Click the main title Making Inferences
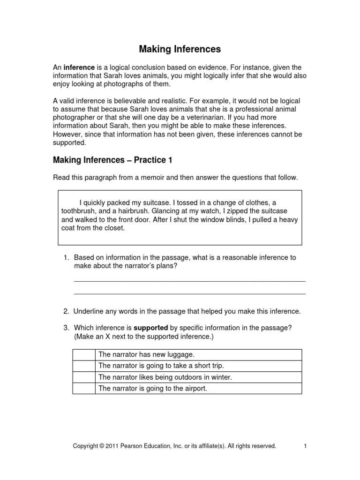coord(180,49)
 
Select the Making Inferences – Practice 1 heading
coord(112,160)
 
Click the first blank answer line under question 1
coord(190,280)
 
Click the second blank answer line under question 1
coord(190,293)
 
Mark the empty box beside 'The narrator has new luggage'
coord(84,355)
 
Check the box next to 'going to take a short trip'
coord(84,366)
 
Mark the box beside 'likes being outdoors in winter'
coord(84,377)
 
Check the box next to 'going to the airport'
coord(84,388)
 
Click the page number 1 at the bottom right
coord(305,446)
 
